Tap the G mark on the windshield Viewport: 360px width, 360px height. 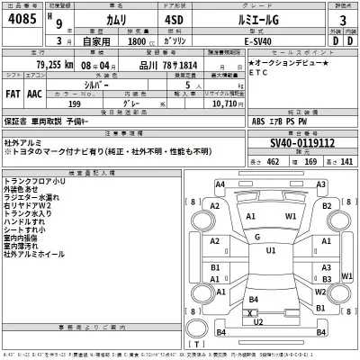[257, 237]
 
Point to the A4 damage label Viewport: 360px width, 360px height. [220, 184]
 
